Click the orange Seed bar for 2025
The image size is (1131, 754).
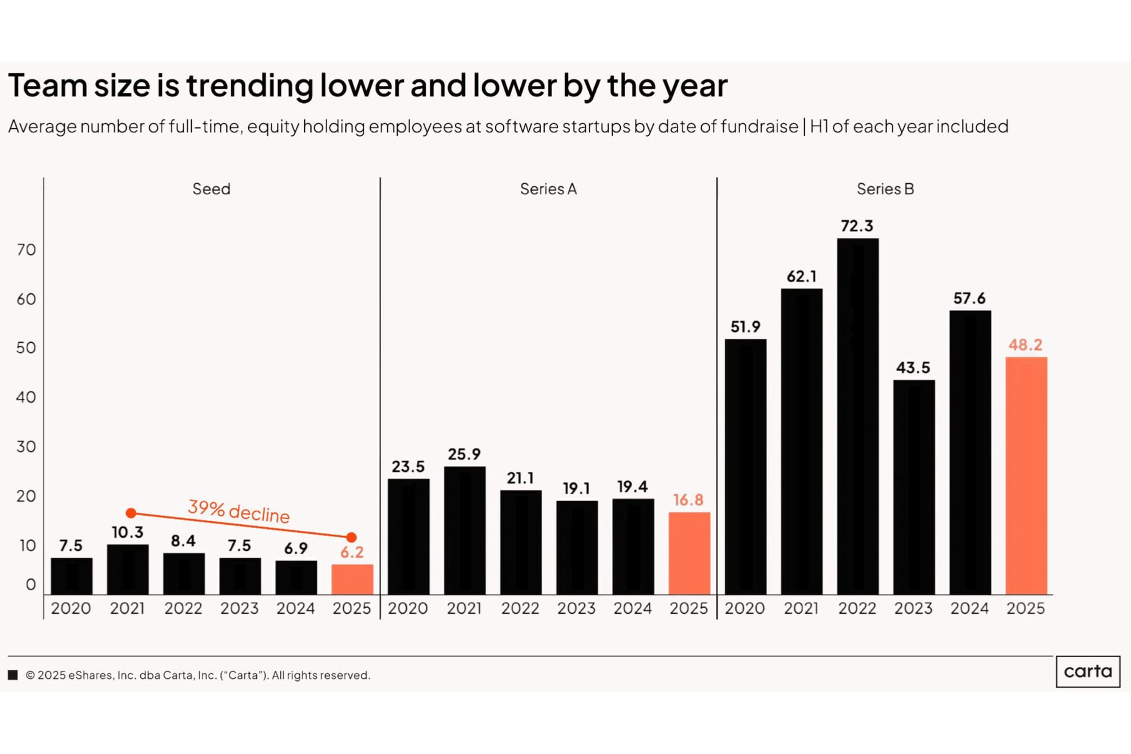[x=352, y=579]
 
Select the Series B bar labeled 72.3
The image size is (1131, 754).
[x=857, y=416]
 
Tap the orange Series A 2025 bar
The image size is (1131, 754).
[x=689, y=553]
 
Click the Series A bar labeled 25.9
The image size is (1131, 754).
[x=464, y=530]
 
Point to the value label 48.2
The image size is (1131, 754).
[x=1025, y=344]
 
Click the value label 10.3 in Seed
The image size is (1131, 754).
[x=127, y=532]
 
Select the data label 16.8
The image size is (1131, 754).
[x=688, y=500]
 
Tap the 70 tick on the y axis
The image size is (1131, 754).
[x=26, y=249]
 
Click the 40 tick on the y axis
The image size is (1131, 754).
[x=26, y=397]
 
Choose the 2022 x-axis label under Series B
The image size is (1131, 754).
[x=857, y=608]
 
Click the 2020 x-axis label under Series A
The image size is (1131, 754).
[x=408, y=608]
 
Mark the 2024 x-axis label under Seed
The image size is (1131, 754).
[x=295, y=608]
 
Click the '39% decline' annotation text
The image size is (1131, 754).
[x=239, y=511]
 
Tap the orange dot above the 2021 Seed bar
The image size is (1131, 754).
[x=131, y=513]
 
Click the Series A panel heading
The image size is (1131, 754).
[x=548, y=189]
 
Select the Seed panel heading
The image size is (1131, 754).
[x=211, y=189]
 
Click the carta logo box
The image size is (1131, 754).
[x=1087, y=671]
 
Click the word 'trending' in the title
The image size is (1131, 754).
[x=249, y=86]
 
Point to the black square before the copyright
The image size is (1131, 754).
[x=13, y=675]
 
